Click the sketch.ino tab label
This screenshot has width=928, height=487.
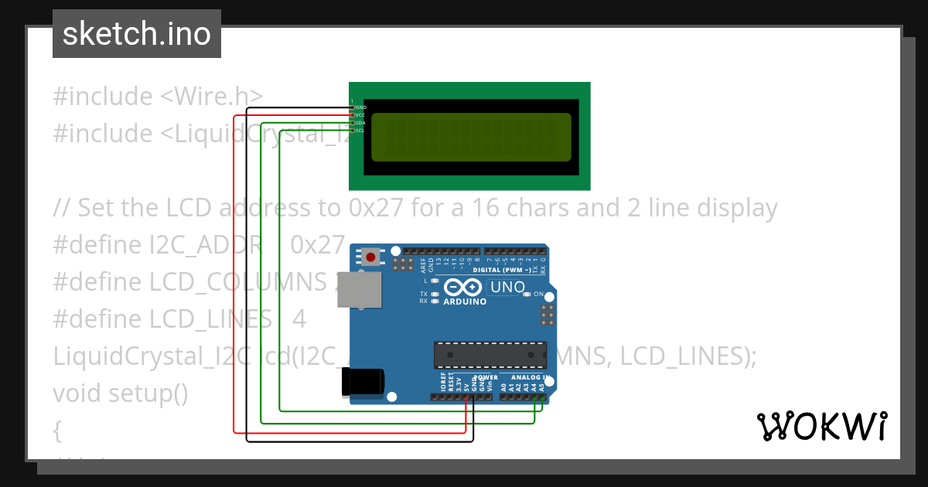point(136,34)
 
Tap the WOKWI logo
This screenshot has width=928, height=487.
point(821,426)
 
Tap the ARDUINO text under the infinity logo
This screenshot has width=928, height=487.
point(465,301)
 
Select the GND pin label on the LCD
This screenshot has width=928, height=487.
point(360,107)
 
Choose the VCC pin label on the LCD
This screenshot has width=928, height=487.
point(360,114)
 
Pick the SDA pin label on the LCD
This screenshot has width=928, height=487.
point(360,122)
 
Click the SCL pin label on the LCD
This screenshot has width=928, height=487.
point(360,130)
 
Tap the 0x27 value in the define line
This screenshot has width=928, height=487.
point(317,245)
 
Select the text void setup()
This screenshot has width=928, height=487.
point(120,393)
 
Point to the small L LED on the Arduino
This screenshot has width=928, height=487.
point(435,281)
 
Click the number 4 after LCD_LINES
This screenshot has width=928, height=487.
point(299,319)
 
